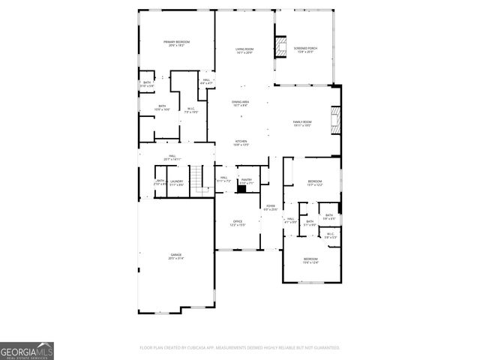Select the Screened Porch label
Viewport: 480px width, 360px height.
(x=305, y=50)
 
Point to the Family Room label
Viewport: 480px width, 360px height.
(x=301, y=123)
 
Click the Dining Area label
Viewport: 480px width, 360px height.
(x=240, y=103)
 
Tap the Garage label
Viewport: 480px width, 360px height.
(x=175, y=256)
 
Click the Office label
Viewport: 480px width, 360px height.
(x=237, y=223)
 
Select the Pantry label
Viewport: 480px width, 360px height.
(x=246, y=181)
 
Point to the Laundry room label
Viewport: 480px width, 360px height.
(x=176, y=182)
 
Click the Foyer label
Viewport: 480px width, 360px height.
(x=270, y=207)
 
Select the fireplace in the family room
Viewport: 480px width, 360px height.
(x=335, y=121)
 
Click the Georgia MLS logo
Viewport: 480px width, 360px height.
(x=26, y=350)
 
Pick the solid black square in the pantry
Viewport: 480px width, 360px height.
(x=241, y=189)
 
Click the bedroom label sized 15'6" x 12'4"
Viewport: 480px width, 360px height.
(x=310, y=262)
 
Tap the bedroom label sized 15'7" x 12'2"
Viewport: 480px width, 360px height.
(x=314, y=183)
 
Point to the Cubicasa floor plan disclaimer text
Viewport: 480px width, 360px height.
(x=240, y=348)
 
